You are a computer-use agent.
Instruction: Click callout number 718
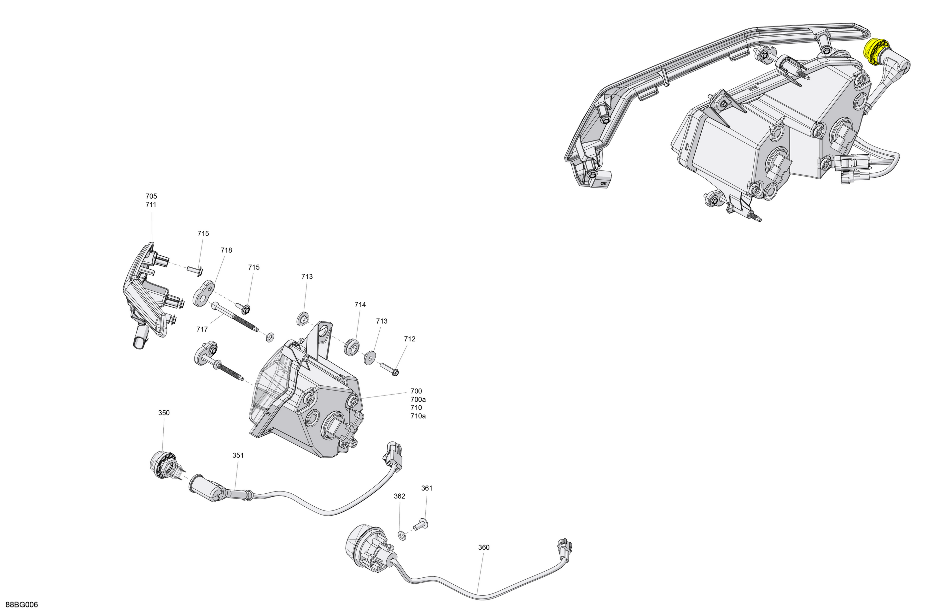click(226, 250)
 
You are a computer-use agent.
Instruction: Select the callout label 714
click(360, 305)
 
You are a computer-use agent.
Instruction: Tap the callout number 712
click(410, 339)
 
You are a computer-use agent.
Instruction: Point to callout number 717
click(202, 330)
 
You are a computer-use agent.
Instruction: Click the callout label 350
click(164, 413)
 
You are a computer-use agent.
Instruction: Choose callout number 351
click(238, 456)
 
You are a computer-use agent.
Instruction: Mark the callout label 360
click(484, 547)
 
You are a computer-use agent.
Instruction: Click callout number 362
click(400, 496)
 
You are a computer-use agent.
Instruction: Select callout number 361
click(427, 488)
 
